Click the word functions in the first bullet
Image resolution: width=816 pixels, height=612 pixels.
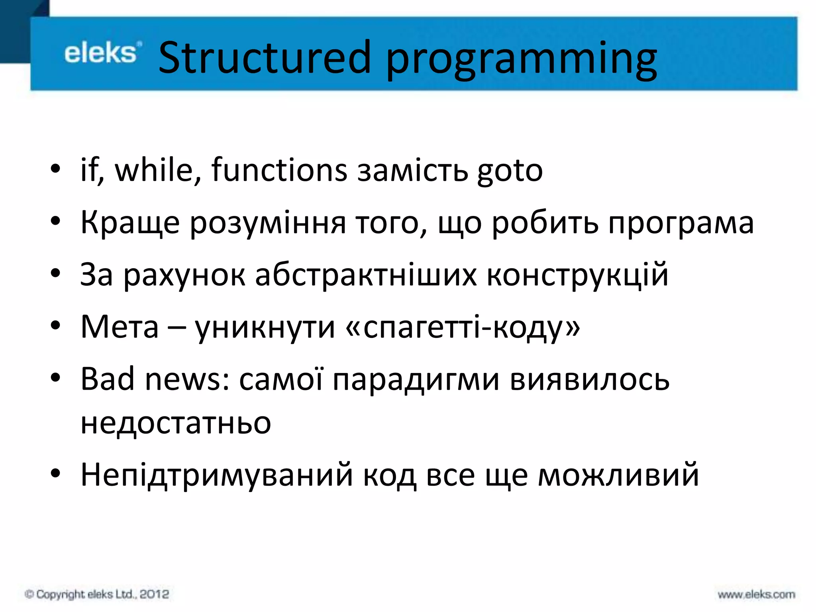[x=279, y=170]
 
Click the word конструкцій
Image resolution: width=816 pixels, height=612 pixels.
[x=577, y=275]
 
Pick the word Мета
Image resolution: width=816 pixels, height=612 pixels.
[x=120, y=327]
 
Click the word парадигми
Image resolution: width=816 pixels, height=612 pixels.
[x=416, y=380]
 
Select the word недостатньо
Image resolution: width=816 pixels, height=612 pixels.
[x=176, y=423]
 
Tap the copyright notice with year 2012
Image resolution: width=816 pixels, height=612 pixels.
[x=97, y=594]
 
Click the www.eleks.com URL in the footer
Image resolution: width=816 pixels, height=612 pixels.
[x=756, y=594]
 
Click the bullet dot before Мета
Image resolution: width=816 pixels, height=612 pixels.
[x=55, y=326]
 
